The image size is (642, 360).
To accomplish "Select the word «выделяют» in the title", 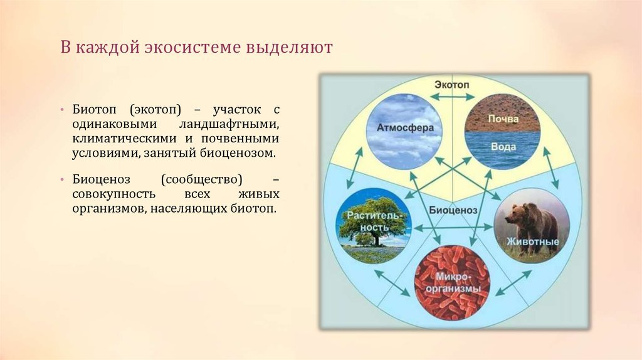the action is [289, 48].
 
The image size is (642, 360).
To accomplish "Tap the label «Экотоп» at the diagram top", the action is [452, 85].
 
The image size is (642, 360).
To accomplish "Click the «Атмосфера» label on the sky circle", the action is [405, 128].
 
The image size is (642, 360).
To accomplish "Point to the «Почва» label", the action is [503, 119].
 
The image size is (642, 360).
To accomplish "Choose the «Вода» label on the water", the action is [503, 146].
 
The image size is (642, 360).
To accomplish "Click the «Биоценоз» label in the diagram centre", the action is [453, 210].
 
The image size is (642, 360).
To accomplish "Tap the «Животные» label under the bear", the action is [533, 241].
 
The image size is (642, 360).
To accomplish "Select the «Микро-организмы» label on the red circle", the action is [452, 283].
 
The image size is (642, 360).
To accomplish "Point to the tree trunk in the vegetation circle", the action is [376, 239].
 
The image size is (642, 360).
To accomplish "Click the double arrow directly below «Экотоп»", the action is [452, 97].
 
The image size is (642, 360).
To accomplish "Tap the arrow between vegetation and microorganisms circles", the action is [392, 283].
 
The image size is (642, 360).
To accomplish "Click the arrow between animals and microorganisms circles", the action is [513, 283].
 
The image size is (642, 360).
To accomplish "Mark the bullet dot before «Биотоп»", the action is [62, 110].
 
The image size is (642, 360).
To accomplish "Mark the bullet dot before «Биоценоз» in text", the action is [62, 179].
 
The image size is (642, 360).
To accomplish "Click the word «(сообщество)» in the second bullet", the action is [201, 179].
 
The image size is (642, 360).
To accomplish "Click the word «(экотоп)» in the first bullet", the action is [155, 110].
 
